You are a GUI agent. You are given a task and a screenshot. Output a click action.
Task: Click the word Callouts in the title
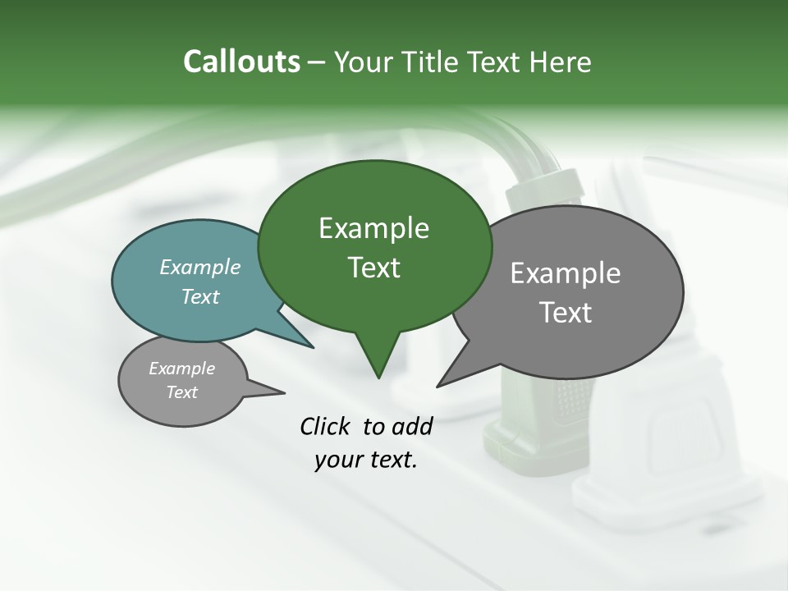[241, 62]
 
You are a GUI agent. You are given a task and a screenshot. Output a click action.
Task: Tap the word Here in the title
[561, 62]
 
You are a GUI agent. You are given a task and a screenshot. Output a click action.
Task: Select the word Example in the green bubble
[373, 228]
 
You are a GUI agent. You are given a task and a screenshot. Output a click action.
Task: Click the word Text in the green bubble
[373, 268]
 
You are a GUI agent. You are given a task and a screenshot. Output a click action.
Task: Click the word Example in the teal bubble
[199, 268]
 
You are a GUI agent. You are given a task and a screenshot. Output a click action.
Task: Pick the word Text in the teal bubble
[199, 296]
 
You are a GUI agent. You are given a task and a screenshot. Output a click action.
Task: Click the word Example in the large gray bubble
[566, 273]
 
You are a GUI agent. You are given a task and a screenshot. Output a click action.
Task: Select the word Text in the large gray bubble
[566, 313]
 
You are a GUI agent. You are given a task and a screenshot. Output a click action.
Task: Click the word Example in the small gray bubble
[181, 369]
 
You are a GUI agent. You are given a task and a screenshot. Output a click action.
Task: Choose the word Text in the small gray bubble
[181, 392]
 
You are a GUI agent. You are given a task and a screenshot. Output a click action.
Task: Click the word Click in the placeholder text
[327, 426]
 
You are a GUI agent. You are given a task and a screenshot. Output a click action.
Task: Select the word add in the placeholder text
[412, 426]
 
